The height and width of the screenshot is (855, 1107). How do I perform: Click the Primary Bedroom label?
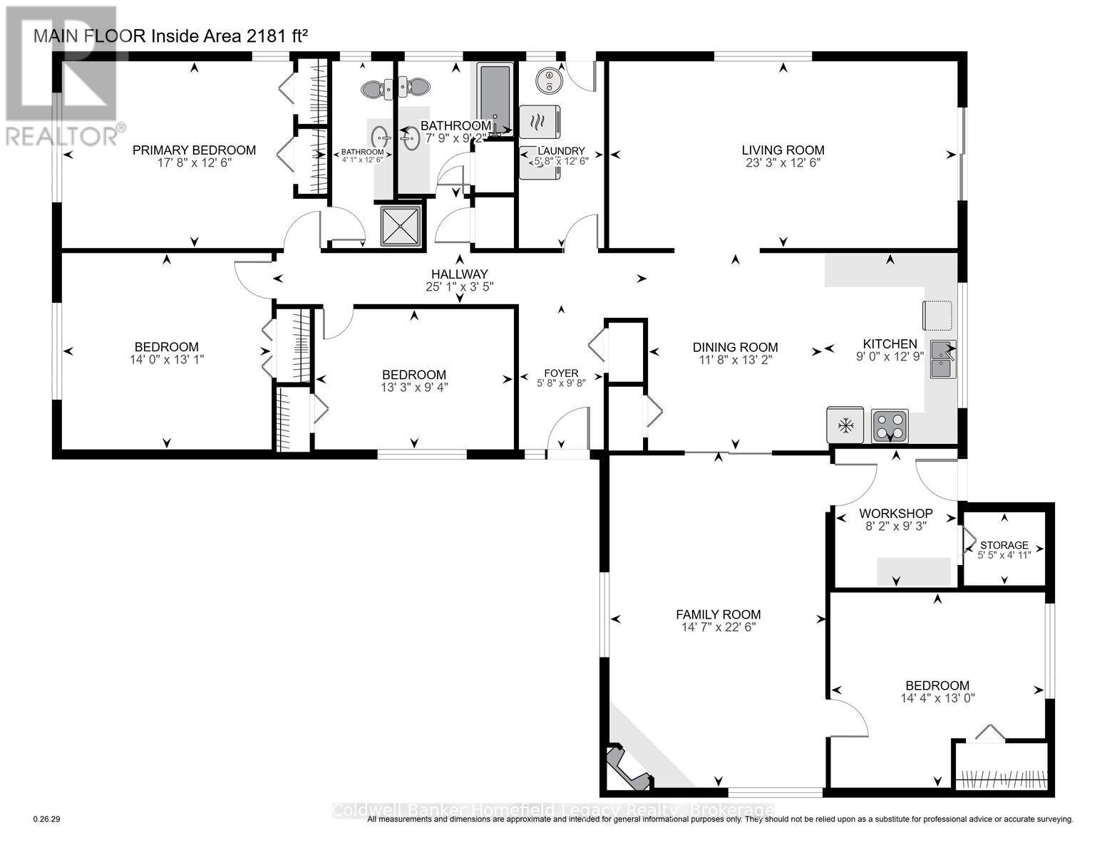coord(194,150)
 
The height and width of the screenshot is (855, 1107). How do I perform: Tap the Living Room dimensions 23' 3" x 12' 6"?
coord(783,162)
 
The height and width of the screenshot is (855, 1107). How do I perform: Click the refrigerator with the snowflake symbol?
coord(845,426)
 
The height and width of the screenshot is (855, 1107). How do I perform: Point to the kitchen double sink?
coord(943,359)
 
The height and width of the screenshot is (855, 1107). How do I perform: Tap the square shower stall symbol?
coord(401,226)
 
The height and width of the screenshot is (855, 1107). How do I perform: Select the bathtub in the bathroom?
coord(491,100)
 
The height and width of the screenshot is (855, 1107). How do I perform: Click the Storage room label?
coord(1004,545)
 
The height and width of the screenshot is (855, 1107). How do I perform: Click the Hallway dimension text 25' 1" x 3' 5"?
coord(459,286)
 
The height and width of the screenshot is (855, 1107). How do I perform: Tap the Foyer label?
coord(561,373)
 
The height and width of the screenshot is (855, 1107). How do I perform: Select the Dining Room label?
coord(735,348)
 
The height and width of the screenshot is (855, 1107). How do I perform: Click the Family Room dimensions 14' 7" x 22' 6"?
coord(718,627)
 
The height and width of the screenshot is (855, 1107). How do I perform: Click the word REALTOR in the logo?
coord(63,135)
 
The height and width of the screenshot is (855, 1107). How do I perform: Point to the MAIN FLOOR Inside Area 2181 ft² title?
coord(171,36)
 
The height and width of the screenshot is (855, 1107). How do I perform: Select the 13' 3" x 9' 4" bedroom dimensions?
coord(413,388)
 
